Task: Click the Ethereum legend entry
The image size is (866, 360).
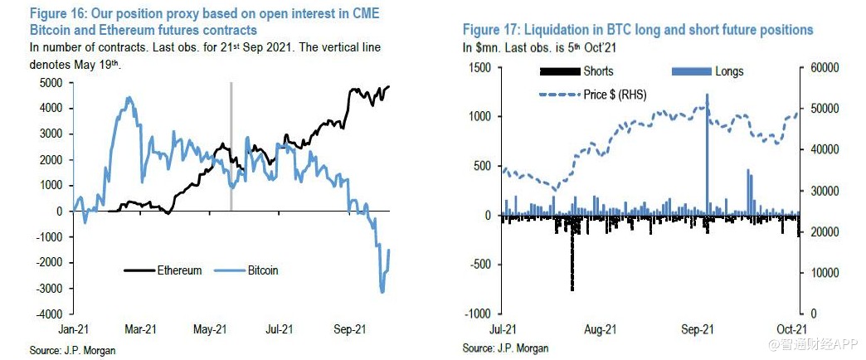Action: pos(178,270)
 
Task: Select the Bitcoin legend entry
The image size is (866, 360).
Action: pos(261,270)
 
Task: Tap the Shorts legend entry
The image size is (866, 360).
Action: pos(598,71)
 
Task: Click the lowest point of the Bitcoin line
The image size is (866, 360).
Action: pos(382,291)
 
